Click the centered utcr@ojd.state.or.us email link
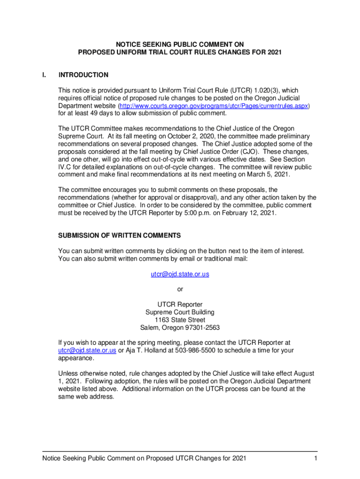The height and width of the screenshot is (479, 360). coord(180,274)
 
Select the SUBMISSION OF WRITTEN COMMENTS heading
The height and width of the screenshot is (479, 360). coord(119,235)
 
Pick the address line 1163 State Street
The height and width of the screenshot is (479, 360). coord(180,320)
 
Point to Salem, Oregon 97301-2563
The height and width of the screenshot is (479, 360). coord(180,327)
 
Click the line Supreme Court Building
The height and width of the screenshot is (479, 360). coord(180,312)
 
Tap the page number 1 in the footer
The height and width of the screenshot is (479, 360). coord(316,458)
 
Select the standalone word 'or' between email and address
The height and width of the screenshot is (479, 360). coord(180,289)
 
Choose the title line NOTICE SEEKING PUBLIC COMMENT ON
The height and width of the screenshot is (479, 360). coord(180,44)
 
